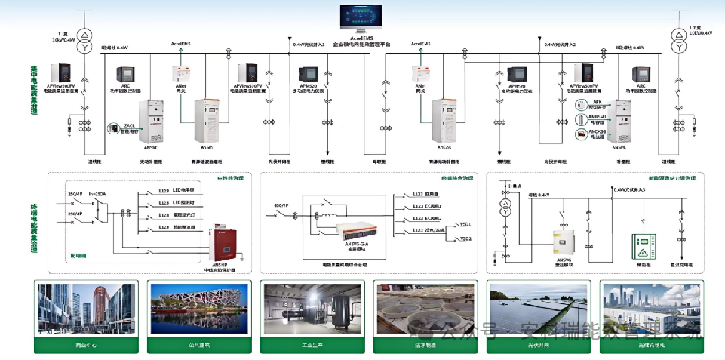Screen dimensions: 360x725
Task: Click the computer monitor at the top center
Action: click(361, 17)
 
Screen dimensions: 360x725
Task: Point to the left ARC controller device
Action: click(124, 73)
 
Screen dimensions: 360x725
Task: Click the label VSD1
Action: click(465, 225)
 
